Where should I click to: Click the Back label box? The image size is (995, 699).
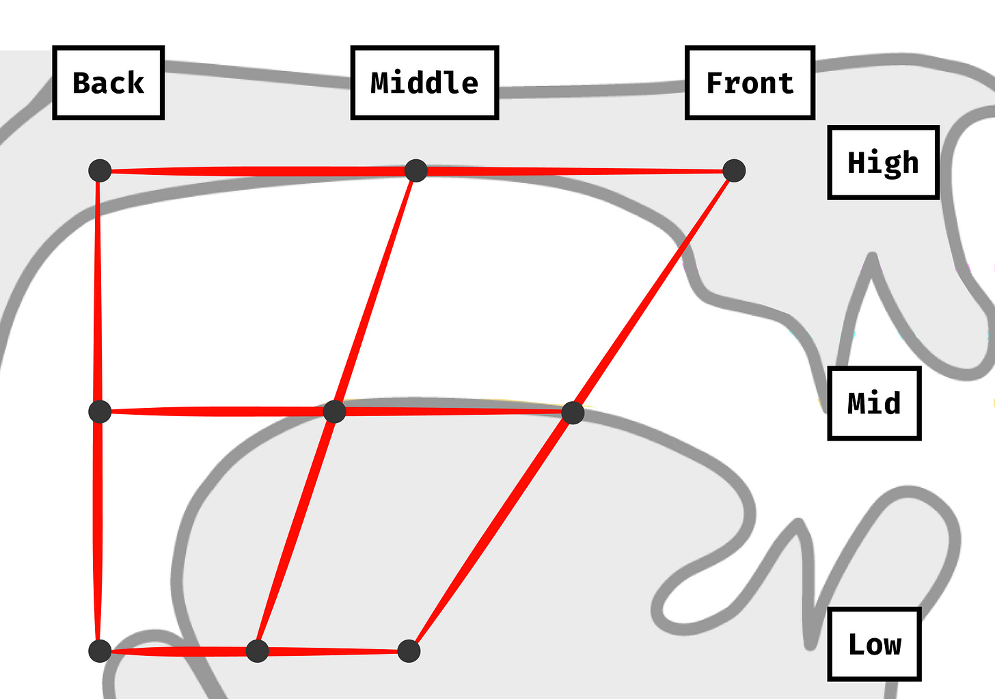click(108, 83)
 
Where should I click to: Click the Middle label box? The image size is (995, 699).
click(424, 83)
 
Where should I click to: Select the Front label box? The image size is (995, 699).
click(750, 83)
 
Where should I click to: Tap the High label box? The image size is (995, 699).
click(883, 163)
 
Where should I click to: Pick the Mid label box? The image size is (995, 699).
click(874, 403)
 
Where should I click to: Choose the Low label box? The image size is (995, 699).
click(874, 644)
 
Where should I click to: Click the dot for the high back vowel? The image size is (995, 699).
click(100, 170)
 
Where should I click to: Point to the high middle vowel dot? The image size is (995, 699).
click(416, 170)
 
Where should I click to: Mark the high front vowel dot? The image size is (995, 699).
click(734, 170)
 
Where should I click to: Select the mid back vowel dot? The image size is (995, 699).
click(100, 411)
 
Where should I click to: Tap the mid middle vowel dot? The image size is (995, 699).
click(334, 411)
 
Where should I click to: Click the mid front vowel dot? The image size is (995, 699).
click(573, 413)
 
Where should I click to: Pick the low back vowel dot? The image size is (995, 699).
click(100, 650)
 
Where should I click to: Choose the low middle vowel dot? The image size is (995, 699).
click(257, 650)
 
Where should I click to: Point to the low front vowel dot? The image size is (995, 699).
click(409, 650)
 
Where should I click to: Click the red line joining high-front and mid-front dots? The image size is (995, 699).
click(653, 292)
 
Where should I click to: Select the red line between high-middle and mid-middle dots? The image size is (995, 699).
click(375, 291)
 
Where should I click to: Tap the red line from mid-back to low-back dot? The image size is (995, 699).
click(99, 531)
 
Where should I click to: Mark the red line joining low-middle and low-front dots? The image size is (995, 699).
click(333, 652)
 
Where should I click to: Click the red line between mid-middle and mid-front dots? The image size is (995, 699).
click(453, 411)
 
